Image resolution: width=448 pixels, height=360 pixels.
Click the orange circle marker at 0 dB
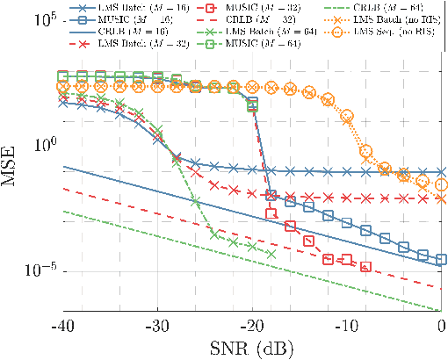(442, 184)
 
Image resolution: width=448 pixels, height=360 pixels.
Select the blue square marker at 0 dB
(442, 260)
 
